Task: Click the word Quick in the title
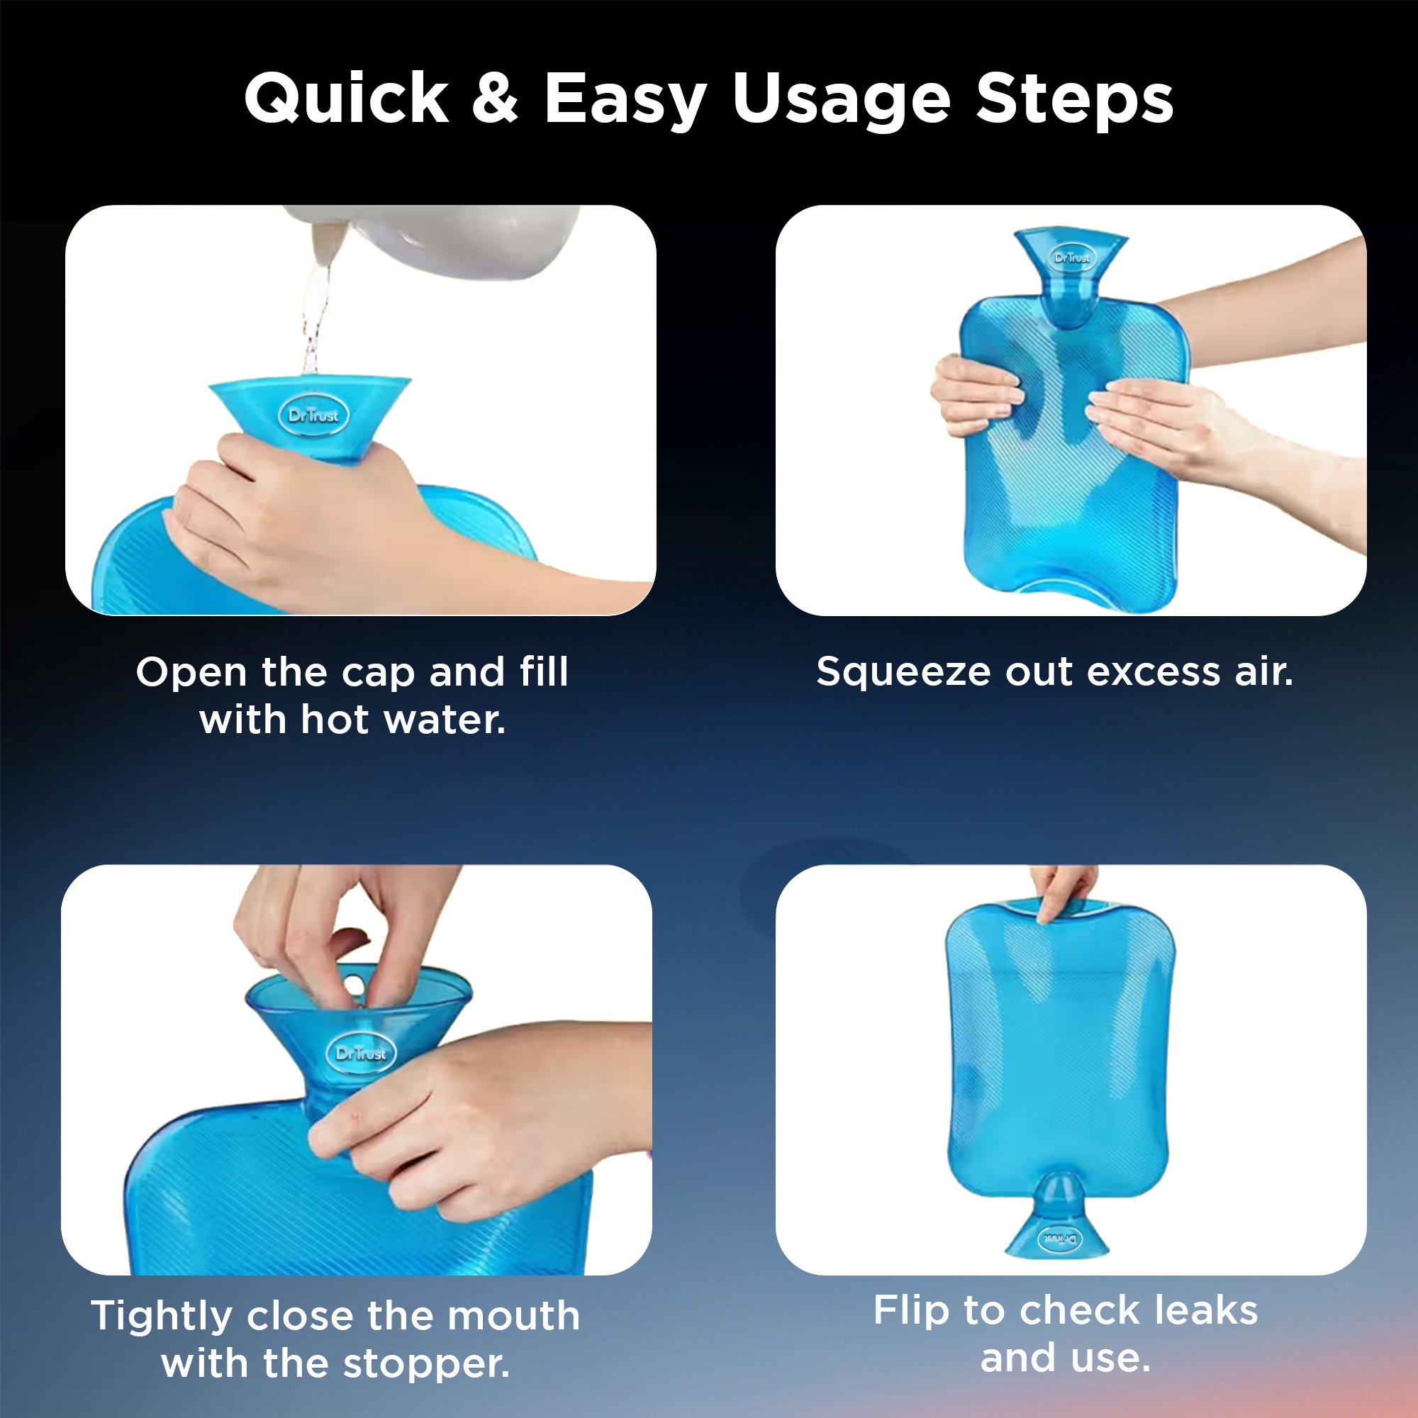(x=346, y=99)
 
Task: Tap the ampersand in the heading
(x=496, y=99)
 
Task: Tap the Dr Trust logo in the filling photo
(x=313, y=415)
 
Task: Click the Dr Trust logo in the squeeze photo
(x=1071, y=257)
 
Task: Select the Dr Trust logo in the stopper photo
(x=360, y=1054)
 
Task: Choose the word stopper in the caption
(x=426, y=1363)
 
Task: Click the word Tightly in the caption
(x=162, y=1316)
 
